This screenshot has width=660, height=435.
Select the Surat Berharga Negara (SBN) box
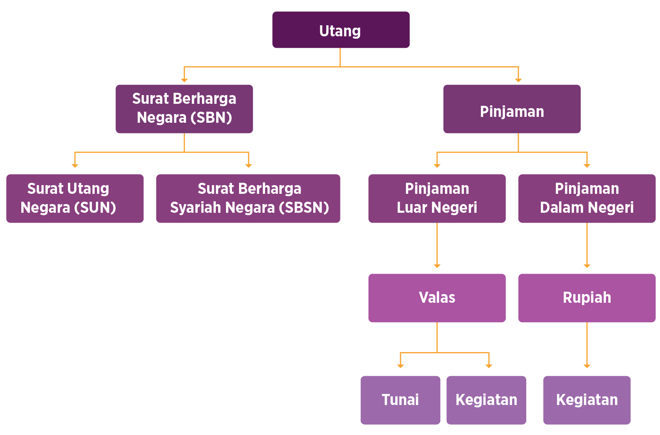click(x=184, y=109)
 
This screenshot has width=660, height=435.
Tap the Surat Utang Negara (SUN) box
click(x=75, y=199)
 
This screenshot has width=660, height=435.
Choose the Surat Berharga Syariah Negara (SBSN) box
click(x=248, y=199)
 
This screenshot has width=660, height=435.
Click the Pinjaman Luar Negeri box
click(x=437, y=199)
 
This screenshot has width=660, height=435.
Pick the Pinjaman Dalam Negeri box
click(x=587, y=199)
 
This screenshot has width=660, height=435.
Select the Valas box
click(x=437, y=298)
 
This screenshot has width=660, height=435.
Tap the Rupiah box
click(x=587, y=298)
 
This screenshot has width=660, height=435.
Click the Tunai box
click(x=400, y=400)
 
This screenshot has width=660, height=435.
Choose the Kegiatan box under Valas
click(x=486, y=400)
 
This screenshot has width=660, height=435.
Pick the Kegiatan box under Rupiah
click(x=587, y=400)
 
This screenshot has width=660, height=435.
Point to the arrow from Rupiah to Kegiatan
click(x=587, y=345)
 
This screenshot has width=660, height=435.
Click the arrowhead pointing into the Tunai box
click(x=400, y=366)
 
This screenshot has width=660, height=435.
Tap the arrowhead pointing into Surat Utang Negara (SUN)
click(x=75, y=165)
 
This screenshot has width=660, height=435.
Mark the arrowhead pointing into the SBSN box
click(x=249, y=165)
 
